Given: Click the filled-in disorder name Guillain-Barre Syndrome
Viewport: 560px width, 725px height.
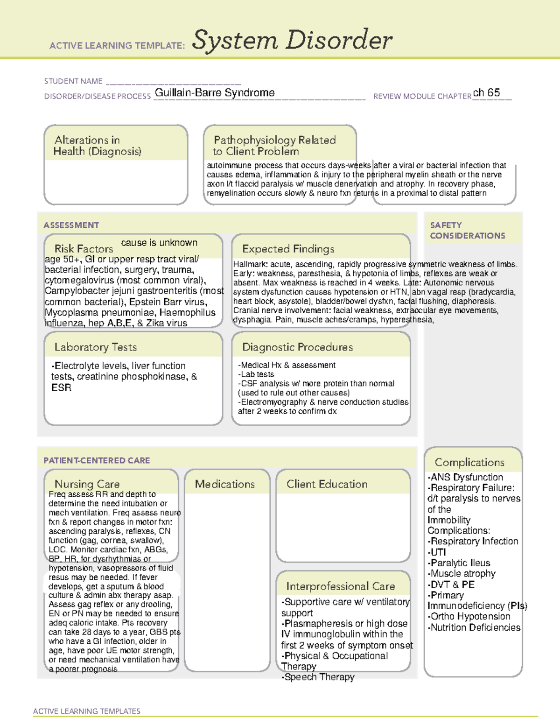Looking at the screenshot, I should pos(215,93).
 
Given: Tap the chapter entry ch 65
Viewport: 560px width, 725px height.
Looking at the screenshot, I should pos(486,92).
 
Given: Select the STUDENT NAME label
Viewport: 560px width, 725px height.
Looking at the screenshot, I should pos(73,81).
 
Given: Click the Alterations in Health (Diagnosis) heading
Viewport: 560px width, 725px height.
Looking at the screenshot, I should pos(97,146).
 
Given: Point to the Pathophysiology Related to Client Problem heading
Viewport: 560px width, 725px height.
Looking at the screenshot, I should pos(274,146).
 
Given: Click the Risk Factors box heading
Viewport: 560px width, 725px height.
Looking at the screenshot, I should pos(84,248).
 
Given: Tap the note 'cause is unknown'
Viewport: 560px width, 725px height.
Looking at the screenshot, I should pos(159,243).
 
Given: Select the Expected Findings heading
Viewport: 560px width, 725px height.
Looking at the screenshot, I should pos(288,249).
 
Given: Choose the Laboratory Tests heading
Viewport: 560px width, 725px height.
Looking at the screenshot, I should pos(95,347).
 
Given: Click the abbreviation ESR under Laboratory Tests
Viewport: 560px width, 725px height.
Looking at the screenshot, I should pos(61,387).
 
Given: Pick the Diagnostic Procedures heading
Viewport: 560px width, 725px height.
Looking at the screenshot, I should pos(297,347).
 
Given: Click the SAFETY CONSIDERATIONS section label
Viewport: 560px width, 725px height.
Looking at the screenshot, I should pos(467,230).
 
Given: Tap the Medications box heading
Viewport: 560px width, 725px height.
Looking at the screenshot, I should pos(224,484).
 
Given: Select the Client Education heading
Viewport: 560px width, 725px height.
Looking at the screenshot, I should pos(327,484).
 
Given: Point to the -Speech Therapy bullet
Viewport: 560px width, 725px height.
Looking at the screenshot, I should pos(318,677).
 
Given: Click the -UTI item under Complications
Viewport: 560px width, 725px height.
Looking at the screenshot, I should pos(437,552).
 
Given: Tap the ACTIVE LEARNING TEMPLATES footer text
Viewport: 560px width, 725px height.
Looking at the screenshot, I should pos(86,711).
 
